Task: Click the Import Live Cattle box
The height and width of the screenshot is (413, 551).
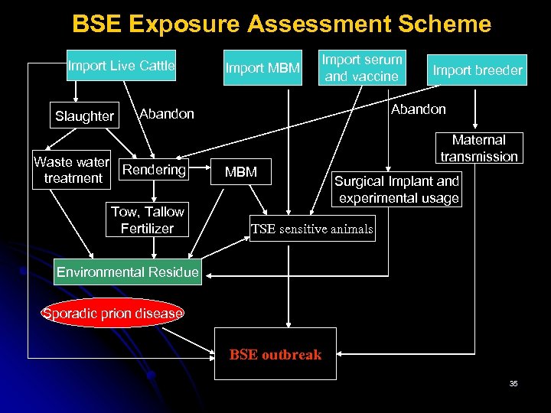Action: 121,67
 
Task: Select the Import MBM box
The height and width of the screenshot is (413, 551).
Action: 262,69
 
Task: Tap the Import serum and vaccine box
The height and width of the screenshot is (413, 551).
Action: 361,68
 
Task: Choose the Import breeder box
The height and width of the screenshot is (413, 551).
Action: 478,71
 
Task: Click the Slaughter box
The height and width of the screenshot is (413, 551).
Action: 84,116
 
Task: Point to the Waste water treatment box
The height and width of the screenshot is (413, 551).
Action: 73,170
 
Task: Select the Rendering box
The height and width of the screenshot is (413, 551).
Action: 155,170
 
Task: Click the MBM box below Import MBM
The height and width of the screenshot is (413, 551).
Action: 241,172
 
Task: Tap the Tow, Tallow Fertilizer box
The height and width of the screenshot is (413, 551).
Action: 147,220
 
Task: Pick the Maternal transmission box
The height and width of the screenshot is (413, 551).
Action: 479,148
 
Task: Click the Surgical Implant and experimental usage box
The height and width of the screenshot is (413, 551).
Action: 398,190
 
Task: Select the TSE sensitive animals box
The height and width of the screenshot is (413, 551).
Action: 312,229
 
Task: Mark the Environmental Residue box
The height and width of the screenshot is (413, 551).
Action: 128,272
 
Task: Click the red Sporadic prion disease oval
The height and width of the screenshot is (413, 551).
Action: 112,313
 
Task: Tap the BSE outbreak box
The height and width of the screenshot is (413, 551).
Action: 275,354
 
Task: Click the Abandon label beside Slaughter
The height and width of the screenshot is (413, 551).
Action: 167,114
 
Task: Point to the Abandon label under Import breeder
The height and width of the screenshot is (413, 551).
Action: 418,109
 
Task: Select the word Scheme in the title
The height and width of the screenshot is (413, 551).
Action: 447,24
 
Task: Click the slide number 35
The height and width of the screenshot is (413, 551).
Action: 513,383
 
